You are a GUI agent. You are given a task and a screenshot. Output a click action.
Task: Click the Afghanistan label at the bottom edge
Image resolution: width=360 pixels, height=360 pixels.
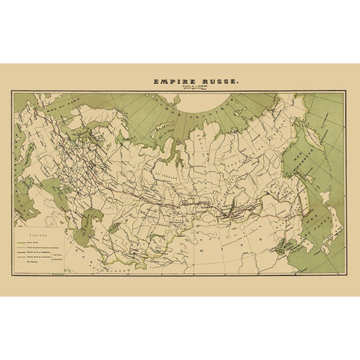point(112,268)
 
